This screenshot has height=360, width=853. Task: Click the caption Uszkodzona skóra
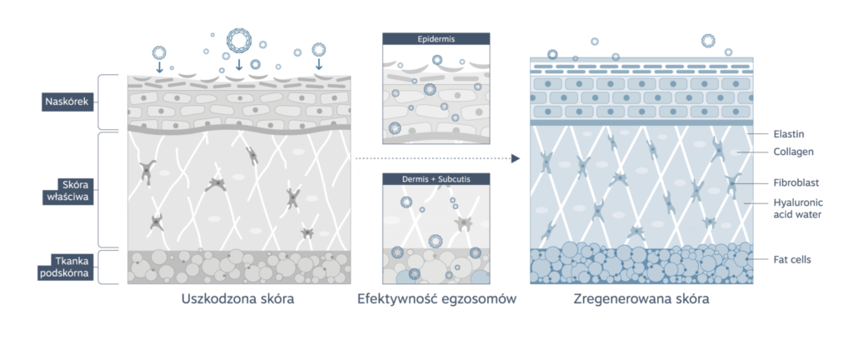238,299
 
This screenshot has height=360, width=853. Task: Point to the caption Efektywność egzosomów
436,299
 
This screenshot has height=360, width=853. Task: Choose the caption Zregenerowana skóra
641,299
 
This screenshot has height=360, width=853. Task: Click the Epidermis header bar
436,39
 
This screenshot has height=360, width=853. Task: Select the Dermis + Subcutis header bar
436,179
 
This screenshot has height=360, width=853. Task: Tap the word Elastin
788,133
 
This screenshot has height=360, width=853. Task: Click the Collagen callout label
793,152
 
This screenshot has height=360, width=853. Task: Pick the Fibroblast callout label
796,182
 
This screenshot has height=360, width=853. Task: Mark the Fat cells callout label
791,259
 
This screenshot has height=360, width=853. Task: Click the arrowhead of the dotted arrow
516,159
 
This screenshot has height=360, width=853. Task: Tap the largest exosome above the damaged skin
239,41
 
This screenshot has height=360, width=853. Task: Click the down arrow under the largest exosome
238,65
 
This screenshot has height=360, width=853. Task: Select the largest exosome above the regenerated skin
708,41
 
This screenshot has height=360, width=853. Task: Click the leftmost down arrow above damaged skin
159,67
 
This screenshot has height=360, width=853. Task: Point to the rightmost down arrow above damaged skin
319,64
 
